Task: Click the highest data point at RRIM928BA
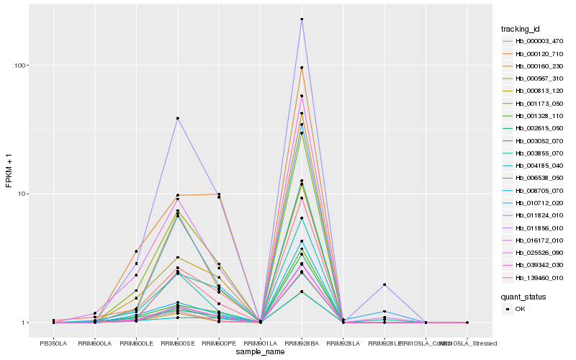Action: [x=302, y=19]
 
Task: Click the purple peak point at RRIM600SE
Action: [x=177, y=118]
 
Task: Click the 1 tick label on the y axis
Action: [x=27, y=323]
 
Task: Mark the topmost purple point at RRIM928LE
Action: [x=384, y=284]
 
